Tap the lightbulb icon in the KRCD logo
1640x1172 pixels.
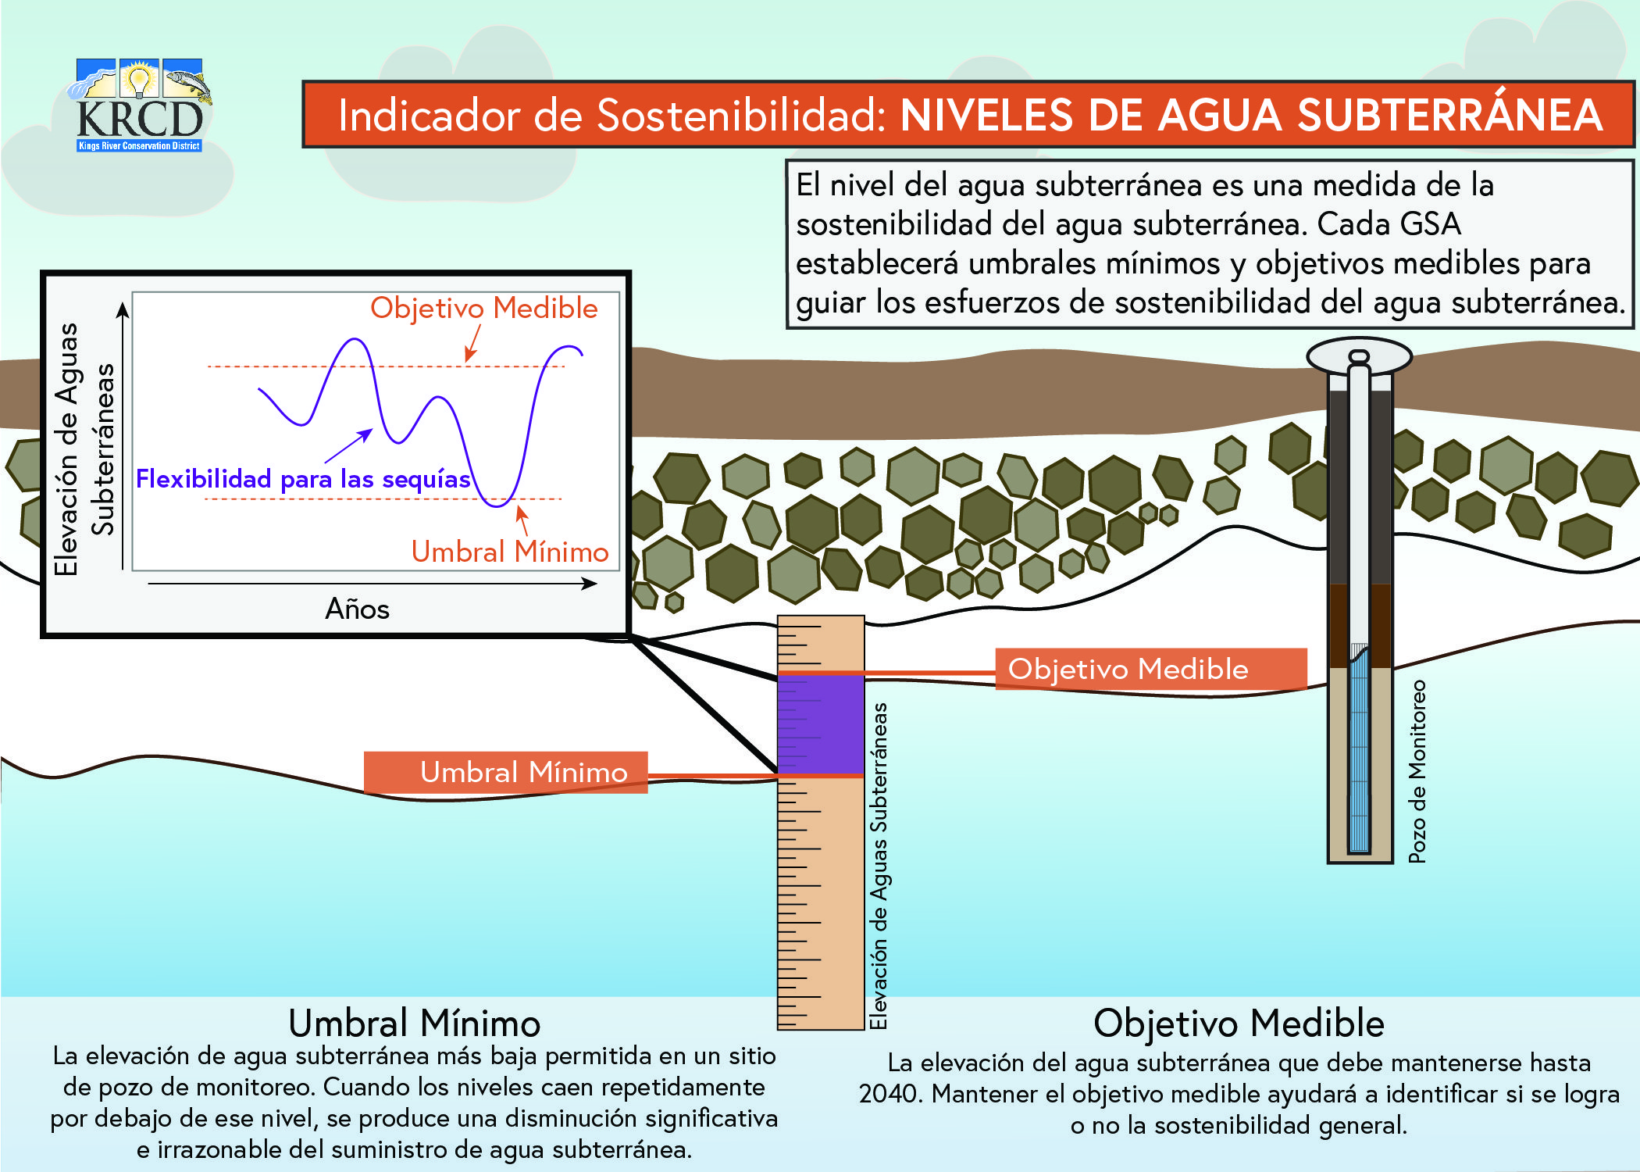(140, 80)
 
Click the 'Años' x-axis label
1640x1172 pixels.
(357, 609)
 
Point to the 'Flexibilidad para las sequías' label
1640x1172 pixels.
(303, 478)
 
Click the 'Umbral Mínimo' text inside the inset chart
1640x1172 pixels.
(510, 552)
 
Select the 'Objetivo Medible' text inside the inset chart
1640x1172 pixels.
(484, 308)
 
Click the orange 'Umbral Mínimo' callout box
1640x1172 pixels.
(506, 772)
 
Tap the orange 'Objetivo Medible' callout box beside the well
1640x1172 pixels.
(1151, 669)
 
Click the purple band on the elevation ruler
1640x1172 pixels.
(821, 724)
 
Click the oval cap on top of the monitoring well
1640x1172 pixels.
(1360, 357)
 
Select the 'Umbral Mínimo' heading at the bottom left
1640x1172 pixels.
(415, 1023)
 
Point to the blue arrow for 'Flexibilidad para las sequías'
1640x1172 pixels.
(348, 446)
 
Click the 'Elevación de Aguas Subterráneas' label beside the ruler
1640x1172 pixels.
(879, 866)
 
